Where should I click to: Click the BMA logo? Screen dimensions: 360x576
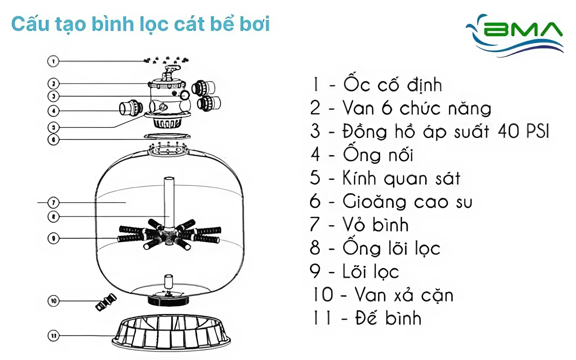tap(515, 34)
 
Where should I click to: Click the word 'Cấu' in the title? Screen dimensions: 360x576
tap(30, 24)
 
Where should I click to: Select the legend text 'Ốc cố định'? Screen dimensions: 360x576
tap(392, 85)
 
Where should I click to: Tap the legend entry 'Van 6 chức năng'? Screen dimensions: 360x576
tap(417, 108)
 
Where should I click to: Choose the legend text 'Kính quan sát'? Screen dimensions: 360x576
tap(401, 178)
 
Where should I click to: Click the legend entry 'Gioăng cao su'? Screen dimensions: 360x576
tap(407, 202)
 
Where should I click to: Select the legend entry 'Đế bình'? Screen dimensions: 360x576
tap(388, 318)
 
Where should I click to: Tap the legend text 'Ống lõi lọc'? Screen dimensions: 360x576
tap(391, 248)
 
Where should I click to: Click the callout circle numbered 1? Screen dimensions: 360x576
tap(53, 61)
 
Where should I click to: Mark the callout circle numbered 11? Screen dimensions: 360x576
tap(53, 336)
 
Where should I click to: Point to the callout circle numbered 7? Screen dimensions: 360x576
tap(53, 203)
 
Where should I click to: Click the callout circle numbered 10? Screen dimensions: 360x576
tap(54, 301)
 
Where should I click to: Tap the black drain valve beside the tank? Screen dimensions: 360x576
tap(106, 302)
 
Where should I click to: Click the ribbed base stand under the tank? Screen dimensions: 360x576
tap(171, 333)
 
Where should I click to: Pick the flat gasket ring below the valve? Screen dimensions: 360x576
tap(167, 136)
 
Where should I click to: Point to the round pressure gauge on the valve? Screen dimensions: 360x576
tap(185, 95)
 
